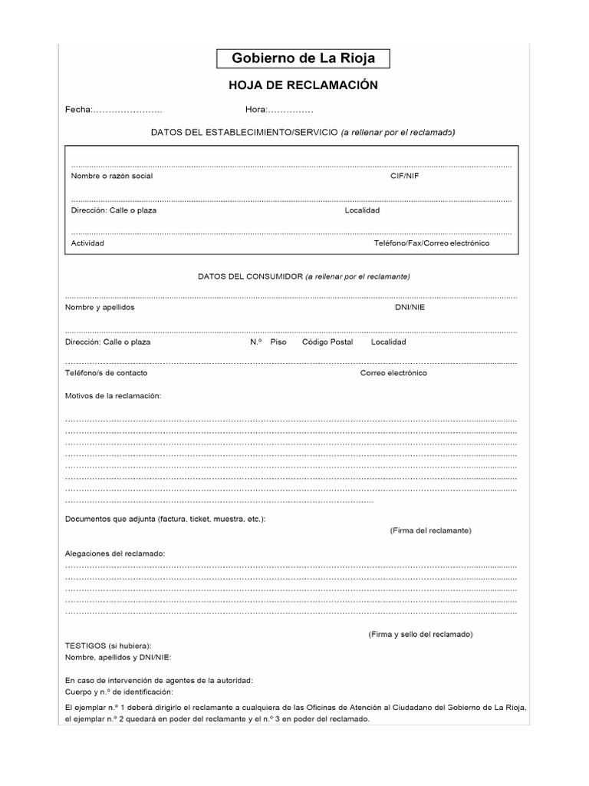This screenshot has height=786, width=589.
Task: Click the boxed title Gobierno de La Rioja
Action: click(303, 59)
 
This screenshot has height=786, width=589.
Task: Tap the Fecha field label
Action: click(78, 110)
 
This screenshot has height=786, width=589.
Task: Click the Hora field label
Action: click(255, 110)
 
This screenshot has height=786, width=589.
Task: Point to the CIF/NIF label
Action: click(405, 176)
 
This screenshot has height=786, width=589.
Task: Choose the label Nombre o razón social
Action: click(112, 176)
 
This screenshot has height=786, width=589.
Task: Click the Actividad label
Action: click(87, 243)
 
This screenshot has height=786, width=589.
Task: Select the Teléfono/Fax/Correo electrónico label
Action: click(431, 243)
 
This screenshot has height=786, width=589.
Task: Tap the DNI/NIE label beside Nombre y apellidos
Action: click(410, 307)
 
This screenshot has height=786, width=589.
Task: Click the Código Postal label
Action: click(327, 342)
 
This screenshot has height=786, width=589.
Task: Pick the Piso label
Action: click(278, 342)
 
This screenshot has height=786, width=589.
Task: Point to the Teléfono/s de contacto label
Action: click(107, 373)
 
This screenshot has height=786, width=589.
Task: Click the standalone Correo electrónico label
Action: click(393, 373)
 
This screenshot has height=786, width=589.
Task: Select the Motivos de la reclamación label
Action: click(114, 396)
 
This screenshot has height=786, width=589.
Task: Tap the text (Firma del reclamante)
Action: click(430, 530)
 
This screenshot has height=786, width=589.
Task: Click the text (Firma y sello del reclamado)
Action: click(420, 635)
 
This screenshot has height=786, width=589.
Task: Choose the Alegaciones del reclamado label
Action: click(115, 553)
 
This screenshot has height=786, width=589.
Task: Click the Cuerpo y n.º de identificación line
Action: click(119, 692)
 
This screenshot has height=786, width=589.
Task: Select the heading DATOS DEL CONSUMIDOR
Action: click(250, 276)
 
